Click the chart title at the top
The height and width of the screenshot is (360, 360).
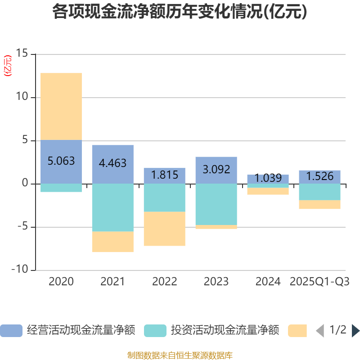pos(180,12)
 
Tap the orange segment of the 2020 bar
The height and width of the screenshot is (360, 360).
pos(61,106)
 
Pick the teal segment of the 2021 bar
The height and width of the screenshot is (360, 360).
pos(112,207)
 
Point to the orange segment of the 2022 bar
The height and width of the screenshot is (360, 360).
pos(164,229)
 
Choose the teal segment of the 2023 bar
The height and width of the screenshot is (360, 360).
pos(216,204)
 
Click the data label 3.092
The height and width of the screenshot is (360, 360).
pos(216,170)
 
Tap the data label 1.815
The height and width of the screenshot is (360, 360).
pos(164,175)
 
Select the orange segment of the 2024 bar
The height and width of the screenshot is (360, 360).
pos(268,191)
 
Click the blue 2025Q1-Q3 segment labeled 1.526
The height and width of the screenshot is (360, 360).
pos(319,176)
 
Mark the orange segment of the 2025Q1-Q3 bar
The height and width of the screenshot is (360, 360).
pos(319,205)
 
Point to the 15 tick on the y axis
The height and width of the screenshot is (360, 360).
pos(22,54)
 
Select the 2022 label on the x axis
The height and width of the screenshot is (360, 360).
pos(164,282)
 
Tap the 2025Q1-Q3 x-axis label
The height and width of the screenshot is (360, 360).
pos(319,282)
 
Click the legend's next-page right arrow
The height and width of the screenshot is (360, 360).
pos(355,331)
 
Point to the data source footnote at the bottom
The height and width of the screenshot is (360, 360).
pos(180,355)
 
